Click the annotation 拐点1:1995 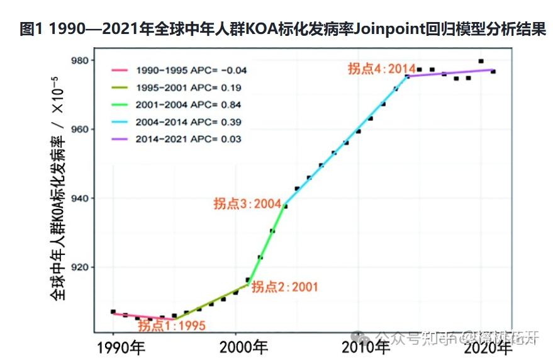pos(172,326)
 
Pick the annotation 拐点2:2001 pos(284,287)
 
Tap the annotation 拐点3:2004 pos(247,204)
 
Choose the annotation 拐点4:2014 pos(381,69)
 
